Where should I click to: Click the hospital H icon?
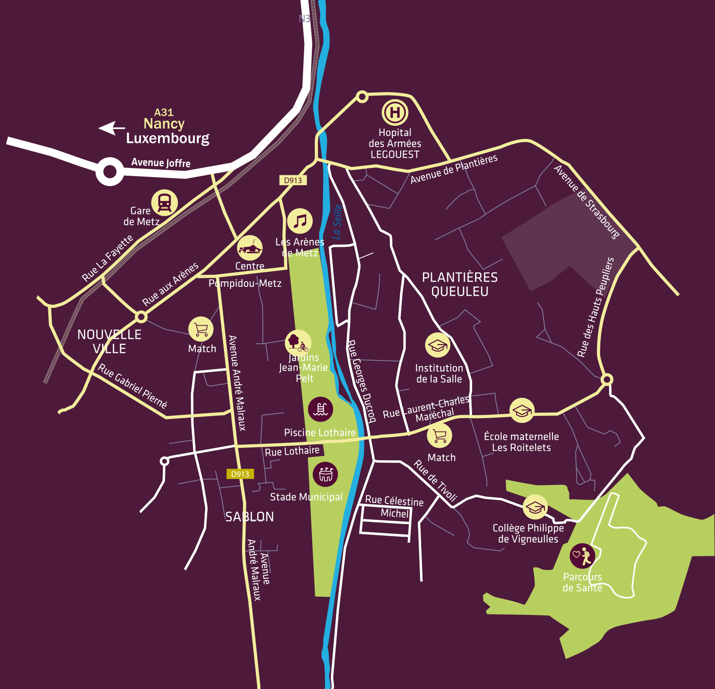[x=395, y=112]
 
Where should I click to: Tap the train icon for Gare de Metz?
[x=164, y=202]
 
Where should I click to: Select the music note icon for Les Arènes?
[x=300, y=221]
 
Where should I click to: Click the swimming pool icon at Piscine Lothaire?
[x=320, y=409]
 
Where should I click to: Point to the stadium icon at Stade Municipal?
[x=326, y=474]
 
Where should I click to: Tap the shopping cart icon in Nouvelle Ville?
[x=201, y=329]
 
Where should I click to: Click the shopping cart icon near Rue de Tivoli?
[x=439, y=435]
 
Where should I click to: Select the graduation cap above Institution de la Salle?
[x=438, y=345]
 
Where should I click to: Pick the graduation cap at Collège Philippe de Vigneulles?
[x=535, y=507]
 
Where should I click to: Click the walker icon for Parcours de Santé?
[x=582, y=556]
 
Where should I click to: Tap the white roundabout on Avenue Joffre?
[x=110, y=171]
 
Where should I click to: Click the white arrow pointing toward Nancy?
[x=112, y=128]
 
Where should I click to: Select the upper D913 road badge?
[x=293, y=180]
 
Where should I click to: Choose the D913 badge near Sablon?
[x=240, y=474]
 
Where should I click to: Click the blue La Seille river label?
[x=337, y=222]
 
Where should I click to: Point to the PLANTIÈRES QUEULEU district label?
[x=460, y=284]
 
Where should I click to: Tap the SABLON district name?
[x=249, y=517]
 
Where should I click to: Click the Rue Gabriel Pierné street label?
[x=132, y=386]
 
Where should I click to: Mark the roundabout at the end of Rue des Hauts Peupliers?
[x=607, y=379]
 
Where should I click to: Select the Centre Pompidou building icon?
[x=250, y=248]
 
